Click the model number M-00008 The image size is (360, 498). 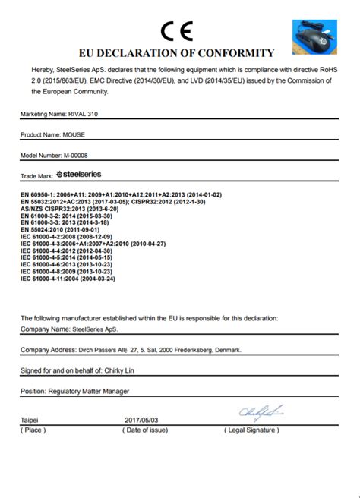(x=81, y=156)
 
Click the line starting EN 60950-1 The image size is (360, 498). (x=121, y=195)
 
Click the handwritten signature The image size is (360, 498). (x=261, y=412)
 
